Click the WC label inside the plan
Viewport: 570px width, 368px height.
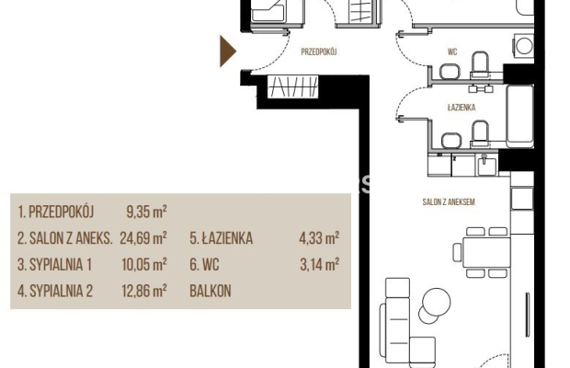click(x=450, y=52)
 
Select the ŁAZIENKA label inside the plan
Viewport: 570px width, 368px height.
click(x=461, y=108)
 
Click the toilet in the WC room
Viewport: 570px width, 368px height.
click(x=479, y=63)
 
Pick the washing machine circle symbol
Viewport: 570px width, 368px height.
click(x=523, y=45)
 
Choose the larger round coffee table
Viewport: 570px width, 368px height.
click(x=429, y=301)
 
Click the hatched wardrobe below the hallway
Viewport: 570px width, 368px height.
click(x=293, y=87)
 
